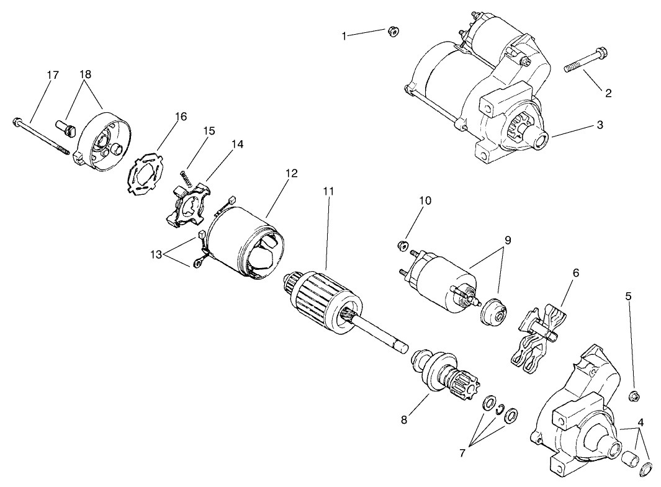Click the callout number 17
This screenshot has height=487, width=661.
pyautogui.click(x=53, y=75)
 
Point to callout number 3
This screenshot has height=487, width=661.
pyautogui.click(x=600, y=125)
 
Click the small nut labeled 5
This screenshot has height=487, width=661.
pyautogui.click(x=634, y=396)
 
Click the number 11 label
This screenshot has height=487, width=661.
pyautogui.click(x=328, y=191)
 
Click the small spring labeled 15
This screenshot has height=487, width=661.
pyautogui.click(x=185, y=176)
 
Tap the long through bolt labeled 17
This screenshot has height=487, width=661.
pyautogui.click(x=40, y=136)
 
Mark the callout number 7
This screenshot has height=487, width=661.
pyautogui.click(x=462, y=453)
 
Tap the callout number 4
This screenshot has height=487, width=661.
pyautogui.click(x=640, y=422)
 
